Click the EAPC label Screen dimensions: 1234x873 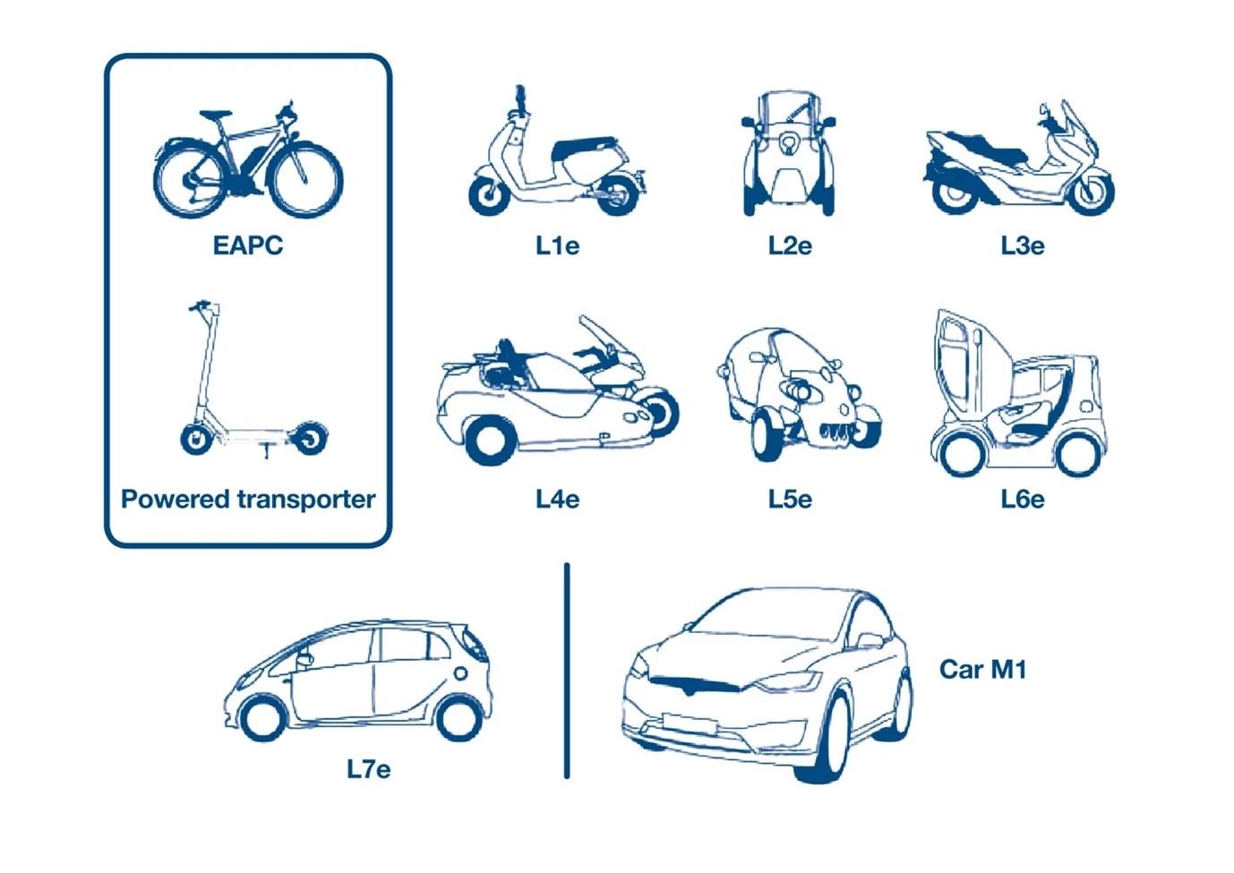pos(248,245)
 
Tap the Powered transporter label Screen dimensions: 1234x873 pos(248,500)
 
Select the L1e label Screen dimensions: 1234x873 pos(558,246)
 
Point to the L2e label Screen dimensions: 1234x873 pos(790,246)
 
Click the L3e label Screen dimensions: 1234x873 pos(1023,246)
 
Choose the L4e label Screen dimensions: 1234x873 pos(558,500)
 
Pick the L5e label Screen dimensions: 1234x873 pos(790,500)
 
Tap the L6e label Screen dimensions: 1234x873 pos(1023,500)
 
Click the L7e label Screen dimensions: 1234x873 pos(369,769)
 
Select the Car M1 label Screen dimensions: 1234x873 pos(982,670)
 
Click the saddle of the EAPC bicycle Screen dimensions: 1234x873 pos(216,115)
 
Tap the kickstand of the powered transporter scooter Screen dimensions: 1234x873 pos(267,450)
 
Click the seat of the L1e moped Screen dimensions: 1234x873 pos(584,147)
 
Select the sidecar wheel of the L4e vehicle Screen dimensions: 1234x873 pos(491,441)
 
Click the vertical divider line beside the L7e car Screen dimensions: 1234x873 pos(567,671)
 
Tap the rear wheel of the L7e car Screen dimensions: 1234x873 pos(458,719)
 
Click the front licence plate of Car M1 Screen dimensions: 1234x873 pos(690,723)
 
